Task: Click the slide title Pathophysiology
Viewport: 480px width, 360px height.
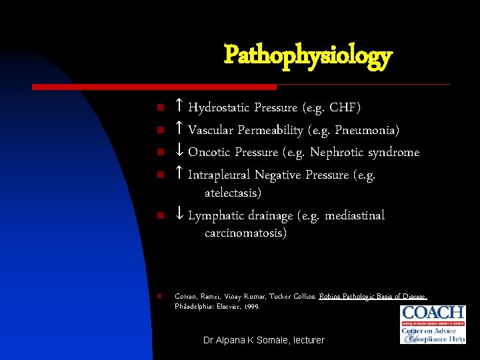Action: click(307, 56)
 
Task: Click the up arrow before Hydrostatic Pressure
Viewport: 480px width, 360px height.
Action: click(179, 107)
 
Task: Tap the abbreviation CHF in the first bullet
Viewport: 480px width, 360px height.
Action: click(344, 107)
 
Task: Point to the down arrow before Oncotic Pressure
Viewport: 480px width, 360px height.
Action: click(179, 152)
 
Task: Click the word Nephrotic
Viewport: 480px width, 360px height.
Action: click(337, 152)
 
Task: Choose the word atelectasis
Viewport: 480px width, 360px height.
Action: click(233, 193)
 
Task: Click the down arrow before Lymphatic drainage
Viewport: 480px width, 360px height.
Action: click(179, 215)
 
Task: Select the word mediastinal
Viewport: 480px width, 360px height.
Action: click(354, 215)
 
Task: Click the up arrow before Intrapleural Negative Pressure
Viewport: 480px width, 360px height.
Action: click(179, 175)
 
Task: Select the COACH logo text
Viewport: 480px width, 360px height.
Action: click(433, 313)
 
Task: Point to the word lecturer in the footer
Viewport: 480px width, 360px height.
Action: click(306, 340)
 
